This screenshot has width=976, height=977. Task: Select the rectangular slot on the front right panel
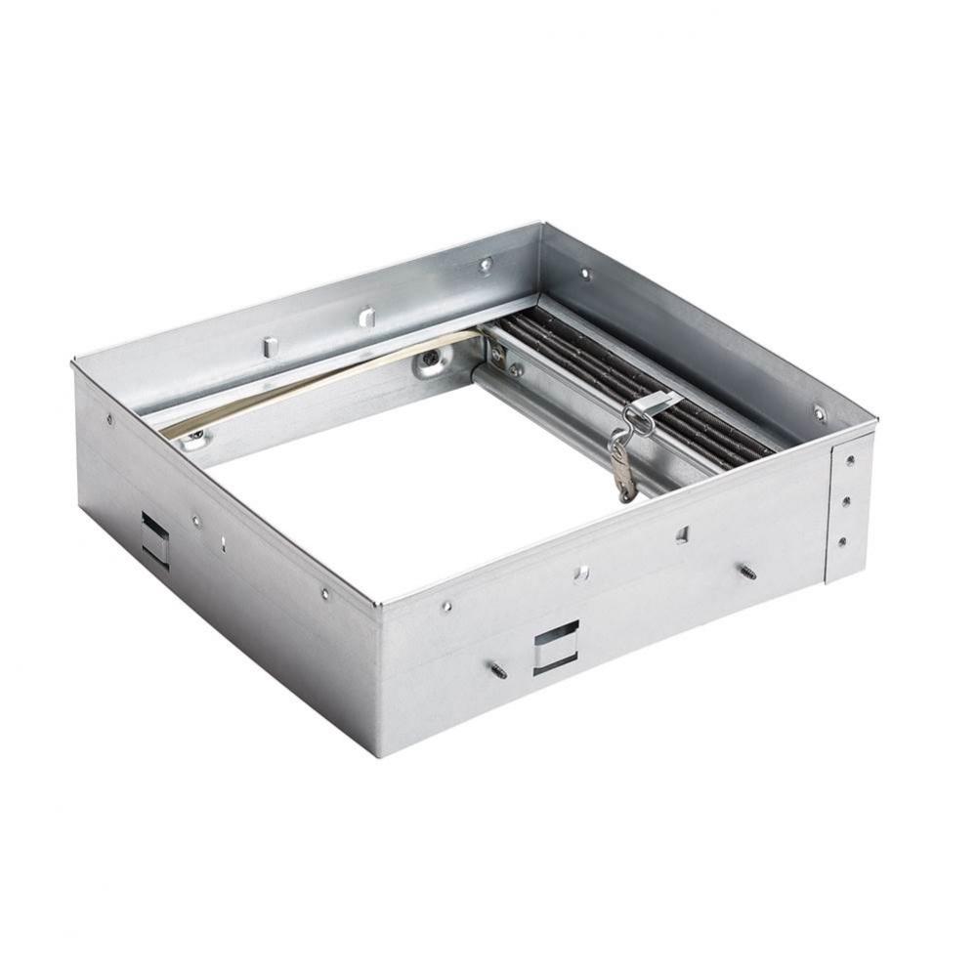click(556, 646)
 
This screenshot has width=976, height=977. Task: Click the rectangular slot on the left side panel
click(154, 538)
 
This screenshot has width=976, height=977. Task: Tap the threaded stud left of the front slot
click(498, 670)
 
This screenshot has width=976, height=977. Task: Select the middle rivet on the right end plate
click(845, 500)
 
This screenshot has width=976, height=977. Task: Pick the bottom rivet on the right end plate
click(842, 540)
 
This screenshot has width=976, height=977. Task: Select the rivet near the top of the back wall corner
click(486, 264)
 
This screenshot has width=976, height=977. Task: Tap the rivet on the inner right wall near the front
click(819, 413)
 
